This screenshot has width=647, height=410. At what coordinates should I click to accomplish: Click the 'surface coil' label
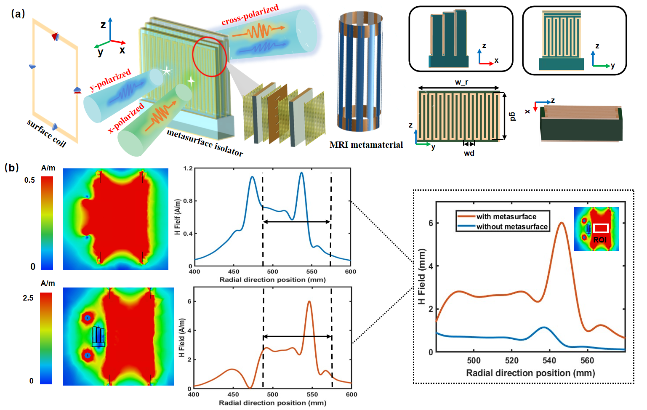pyautogui.click(x=46, y=133)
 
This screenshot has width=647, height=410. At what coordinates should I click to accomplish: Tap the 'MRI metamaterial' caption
pyautogui.click(x=366, y=145)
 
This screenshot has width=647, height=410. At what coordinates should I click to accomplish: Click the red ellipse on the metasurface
pyautogui.click(x=210, y=56)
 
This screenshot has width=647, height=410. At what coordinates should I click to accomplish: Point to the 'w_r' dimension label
pyautogui.click(x=461, y=82)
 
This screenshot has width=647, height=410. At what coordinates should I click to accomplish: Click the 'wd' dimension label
pyautogui.click(x=469, y=153)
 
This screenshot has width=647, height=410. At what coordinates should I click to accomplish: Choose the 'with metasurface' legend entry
pyautogui.click(x=506, y=217)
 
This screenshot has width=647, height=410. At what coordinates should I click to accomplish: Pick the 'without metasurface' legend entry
pyautogui.click(x=511, y=227)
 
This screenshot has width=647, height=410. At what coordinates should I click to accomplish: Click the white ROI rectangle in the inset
pyautogui.click(x=601, y=228)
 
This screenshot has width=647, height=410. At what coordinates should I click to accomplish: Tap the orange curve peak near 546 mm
pyautogui.click(x=561, y=223)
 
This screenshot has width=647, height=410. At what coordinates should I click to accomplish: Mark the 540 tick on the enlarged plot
pyautogui.click(x=549, y=360)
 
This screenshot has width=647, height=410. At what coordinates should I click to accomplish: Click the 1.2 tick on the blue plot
pyautogui.click(x=188, y=168)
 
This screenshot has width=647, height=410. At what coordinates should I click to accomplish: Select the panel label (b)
pyautogui.click(x=11, y=168)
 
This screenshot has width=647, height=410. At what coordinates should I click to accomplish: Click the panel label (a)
pyautogui.click(x=18, y=13)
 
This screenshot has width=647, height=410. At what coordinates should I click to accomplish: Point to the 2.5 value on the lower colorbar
pyautogui.click(x=28, y=298)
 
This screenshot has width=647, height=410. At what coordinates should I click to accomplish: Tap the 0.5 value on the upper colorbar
pyautogui.click(x=29, y=180)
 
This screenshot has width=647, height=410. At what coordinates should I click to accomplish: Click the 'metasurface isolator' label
pyautogui.click(x=205, y=142)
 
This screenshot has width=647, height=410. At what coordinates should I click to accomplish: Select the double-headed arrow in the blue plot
pyautogui.click(x=297, y=221)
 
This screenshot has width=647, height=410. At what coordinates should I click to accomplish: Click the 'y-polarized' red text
pyautogui.click(x=110, y=80)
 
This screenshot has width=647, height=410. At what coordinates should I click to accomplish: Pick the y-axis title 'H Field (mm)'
pyautogui.click(x=422, y=276)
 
